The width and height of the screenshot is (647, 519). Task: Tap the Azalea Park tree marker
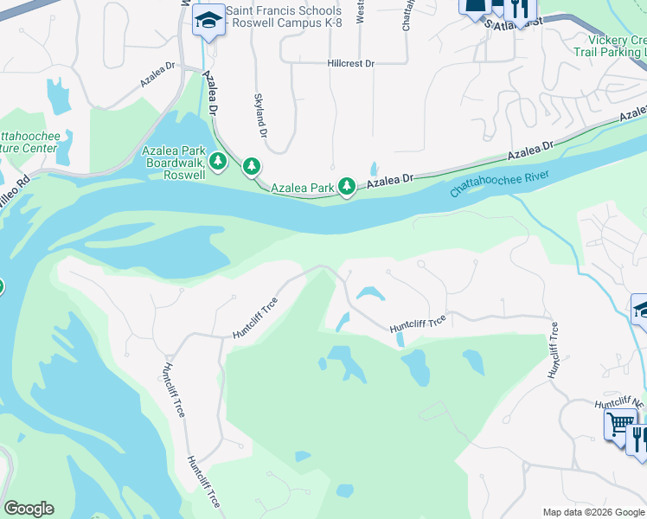coord(347,185)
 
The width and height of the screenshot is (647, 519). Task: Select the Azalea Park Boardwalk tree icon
coord(219,160)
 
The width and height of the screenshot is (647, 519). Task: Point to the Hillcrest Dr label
coord(350,63)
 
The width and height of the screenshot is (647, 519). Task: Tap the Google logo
coord(29,509)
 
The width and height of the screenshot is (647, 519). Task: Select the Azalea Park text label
coord(303,187)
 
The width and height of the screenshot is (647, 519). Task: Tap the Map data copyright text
coord(593,512)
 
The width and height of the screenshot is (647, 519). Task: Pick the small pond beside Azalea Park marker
coord(374,169)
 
